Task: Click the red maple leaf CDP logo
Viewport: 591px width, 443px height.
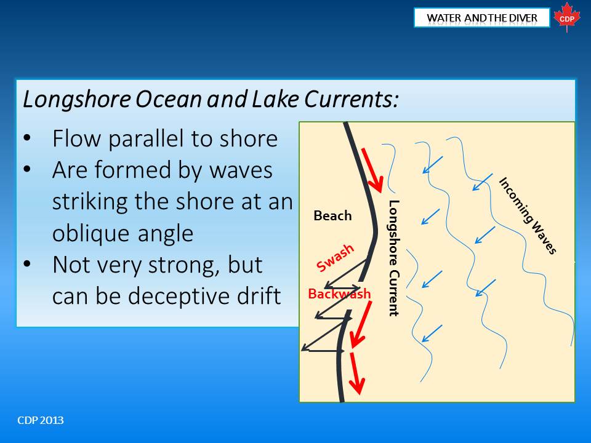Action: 566,17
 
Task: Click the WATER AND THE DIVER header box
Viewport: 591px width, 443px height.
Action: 481,18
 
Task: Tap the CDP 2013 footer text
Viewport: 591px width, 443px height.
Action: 41,420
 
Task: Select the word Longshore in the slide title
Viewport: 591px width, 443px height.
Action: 77,99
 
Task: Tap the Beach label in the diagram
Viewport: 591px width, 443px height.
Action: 332,215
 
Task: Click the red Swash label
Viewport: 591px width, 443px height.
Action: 335,257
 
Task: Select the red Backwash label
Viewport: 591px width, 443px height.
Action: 339,293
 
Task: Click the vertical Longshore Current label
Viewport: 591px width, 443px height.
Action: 393,258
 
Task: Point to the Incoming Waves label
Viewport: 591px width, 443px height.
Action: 528,215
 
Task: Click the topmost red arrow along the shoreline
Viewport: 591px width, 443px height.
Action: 372,170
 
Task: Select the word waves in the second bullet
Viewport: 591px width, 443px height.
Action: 241,170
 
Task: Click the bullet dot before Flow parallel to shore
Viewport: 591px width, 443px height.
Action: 26,138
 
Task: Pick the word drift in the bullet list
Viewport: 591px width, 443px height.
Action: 259,295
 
